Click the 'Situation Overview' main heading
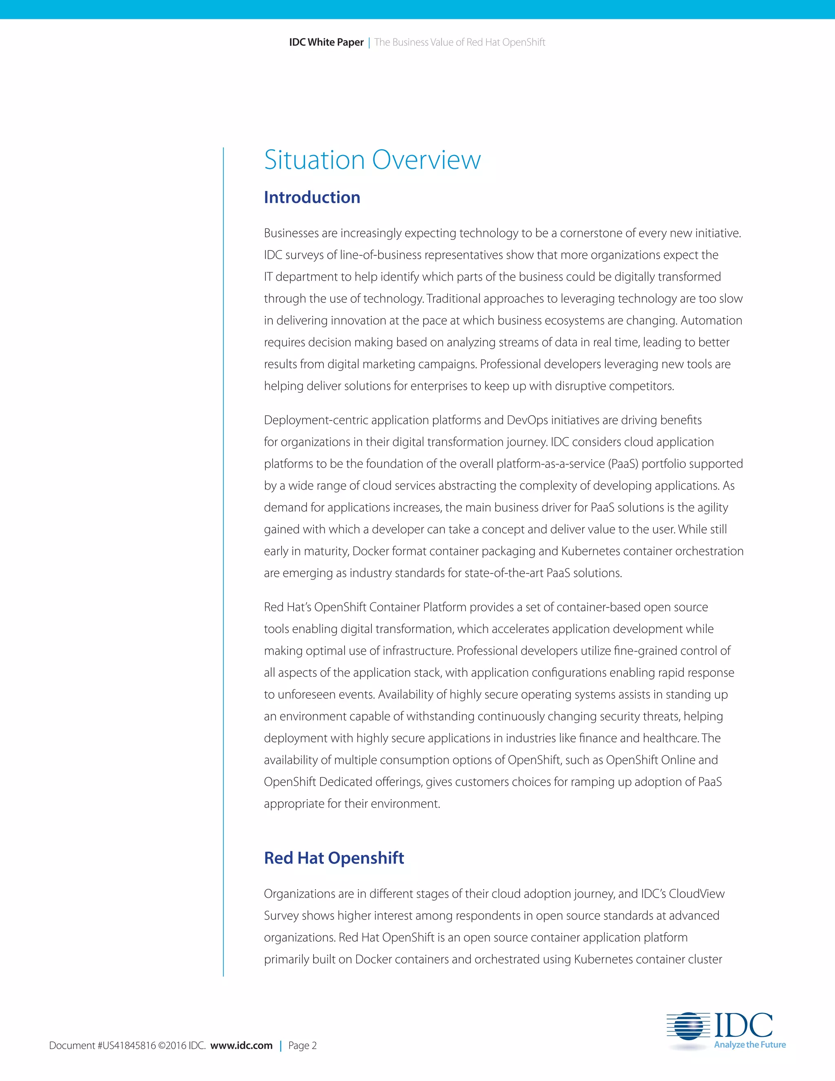tap(372, 160)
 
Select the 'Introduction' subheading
tap(311, 197)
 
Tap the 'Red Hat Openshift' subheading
tap(334, 858)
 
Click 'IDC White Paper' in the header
tap(326, 42)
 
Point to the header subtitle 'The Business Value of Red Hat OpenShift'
tap(459, 42)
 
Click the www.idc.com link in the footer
tap(241, 1046)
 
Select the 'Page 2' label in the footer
tap(302, 1046)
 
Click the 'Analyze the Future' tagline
tap(749, 1044)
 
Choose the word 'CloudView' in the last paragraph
tap(696, 894)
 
